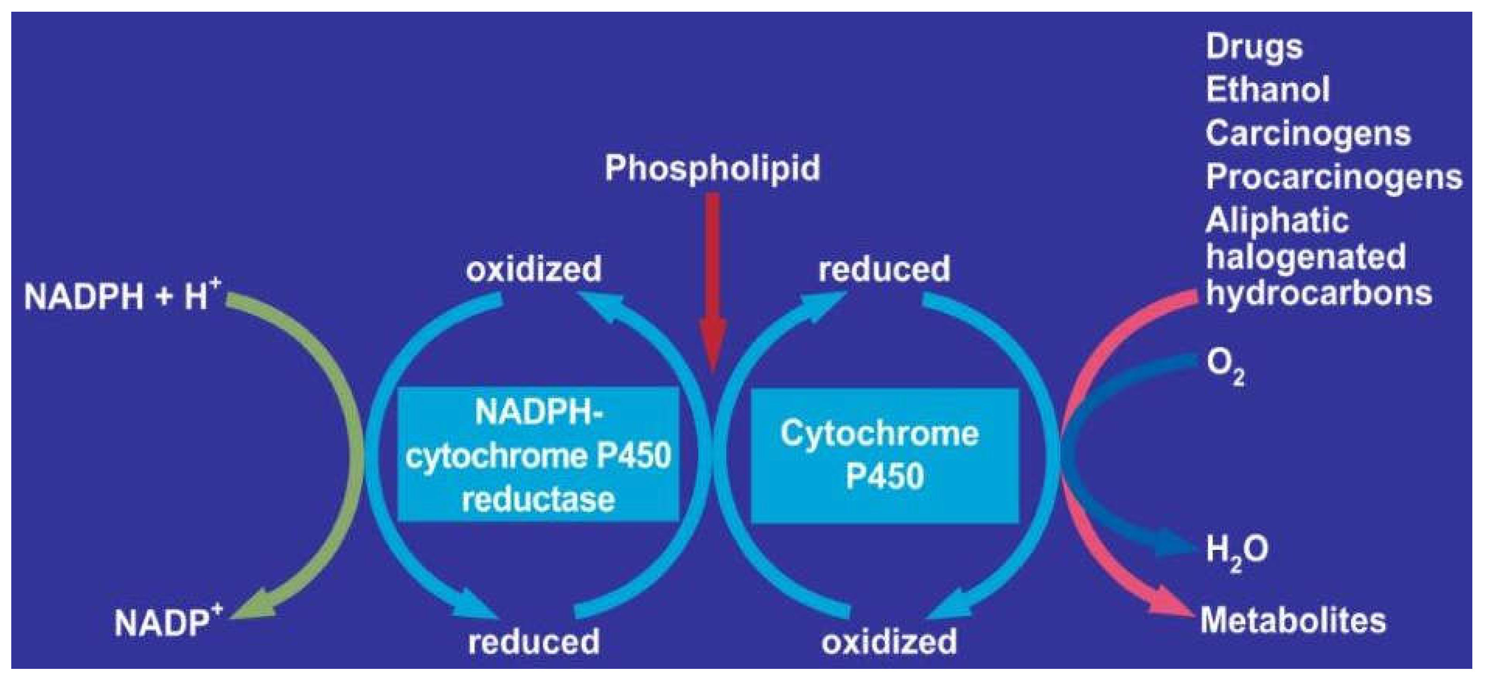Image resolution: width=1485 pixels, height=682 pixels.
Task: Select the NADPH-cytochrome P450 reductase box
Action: click(x=538, y=455)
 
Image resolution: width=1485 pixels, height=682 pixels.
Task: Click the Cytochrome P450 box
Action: click(x=884, y=455)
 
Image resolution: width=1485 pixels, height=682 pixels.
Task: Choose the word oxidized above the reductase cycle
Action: click(x=533, y=269)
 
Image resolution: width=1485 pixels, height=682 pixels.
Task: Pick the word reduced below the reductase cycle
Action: click(x=533, y=642)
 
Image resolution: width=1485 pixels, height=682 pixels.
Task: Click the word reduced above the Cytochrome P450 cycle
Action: click(x=884, y=269)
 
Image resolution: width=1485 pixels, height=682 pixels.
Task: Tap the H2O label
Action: click(x=1236, y=551)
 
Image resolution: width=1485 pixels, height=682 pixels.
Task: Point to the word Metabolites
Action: click(x=1293, y=621)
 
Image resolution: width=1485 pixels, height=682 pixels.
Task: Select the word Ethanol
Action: click(x=1267, y=90)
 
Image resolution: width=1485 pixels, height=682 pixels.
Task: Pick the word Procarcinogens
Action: click(x=1333, y=176)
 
